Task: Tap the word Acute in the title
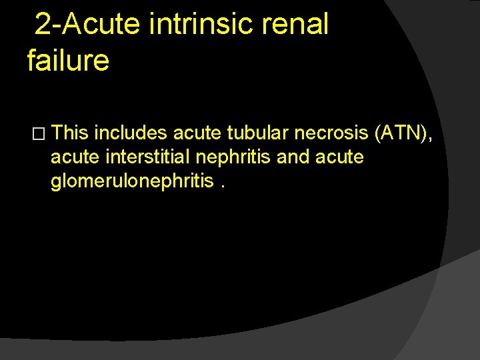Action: click(x=103, y=24)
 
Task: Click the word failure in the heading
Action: click(x=68, y=61)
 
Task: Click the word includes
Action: click(x=131, y=134)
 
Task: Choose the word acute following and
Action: click(x=341, y=157)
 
